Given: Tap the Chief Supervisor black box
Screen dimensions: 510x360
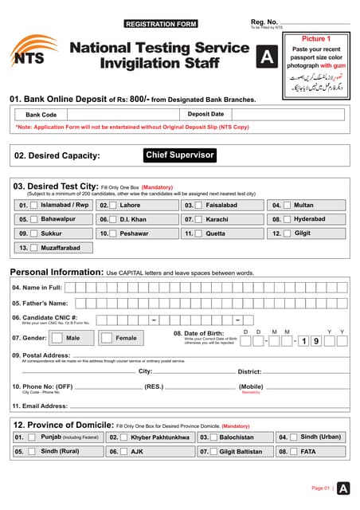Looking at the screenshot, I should (179, 155).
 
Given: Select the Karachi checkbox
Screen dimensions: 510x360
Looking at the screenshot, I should (199, 219).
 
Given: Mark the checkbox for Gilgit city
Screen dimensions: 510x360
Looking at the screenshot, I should (287, 233).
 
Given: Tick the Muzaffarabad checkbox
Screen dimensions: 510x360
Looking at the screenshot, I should (35, 248).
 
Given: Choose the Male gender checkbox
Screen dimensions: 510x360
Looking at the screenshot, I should (59, 338).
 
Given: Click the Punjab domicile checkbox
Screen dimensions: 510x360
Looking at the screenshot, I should (31, 437).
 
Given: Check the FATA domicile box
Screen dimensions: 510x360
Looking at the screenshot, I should (293, 451).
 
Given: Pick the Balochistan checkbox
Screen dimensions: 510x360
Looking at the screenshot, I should (214, 437).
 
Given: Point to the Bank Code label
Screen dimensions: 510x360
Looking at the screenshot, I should (41, 115).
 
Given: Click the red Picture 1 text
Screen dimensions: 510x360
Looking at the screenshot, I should (316, 38).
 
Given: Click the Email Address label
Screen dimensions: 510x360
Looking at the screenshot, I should (39, 406).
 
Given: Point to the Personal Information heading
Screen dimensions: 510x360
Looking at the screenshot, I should (56, 272).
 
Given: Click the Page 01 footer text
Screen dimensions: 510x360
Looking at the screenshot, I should (320, 488).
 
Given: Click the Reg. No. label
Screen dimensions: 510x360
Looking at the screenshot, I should (264, 22).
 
